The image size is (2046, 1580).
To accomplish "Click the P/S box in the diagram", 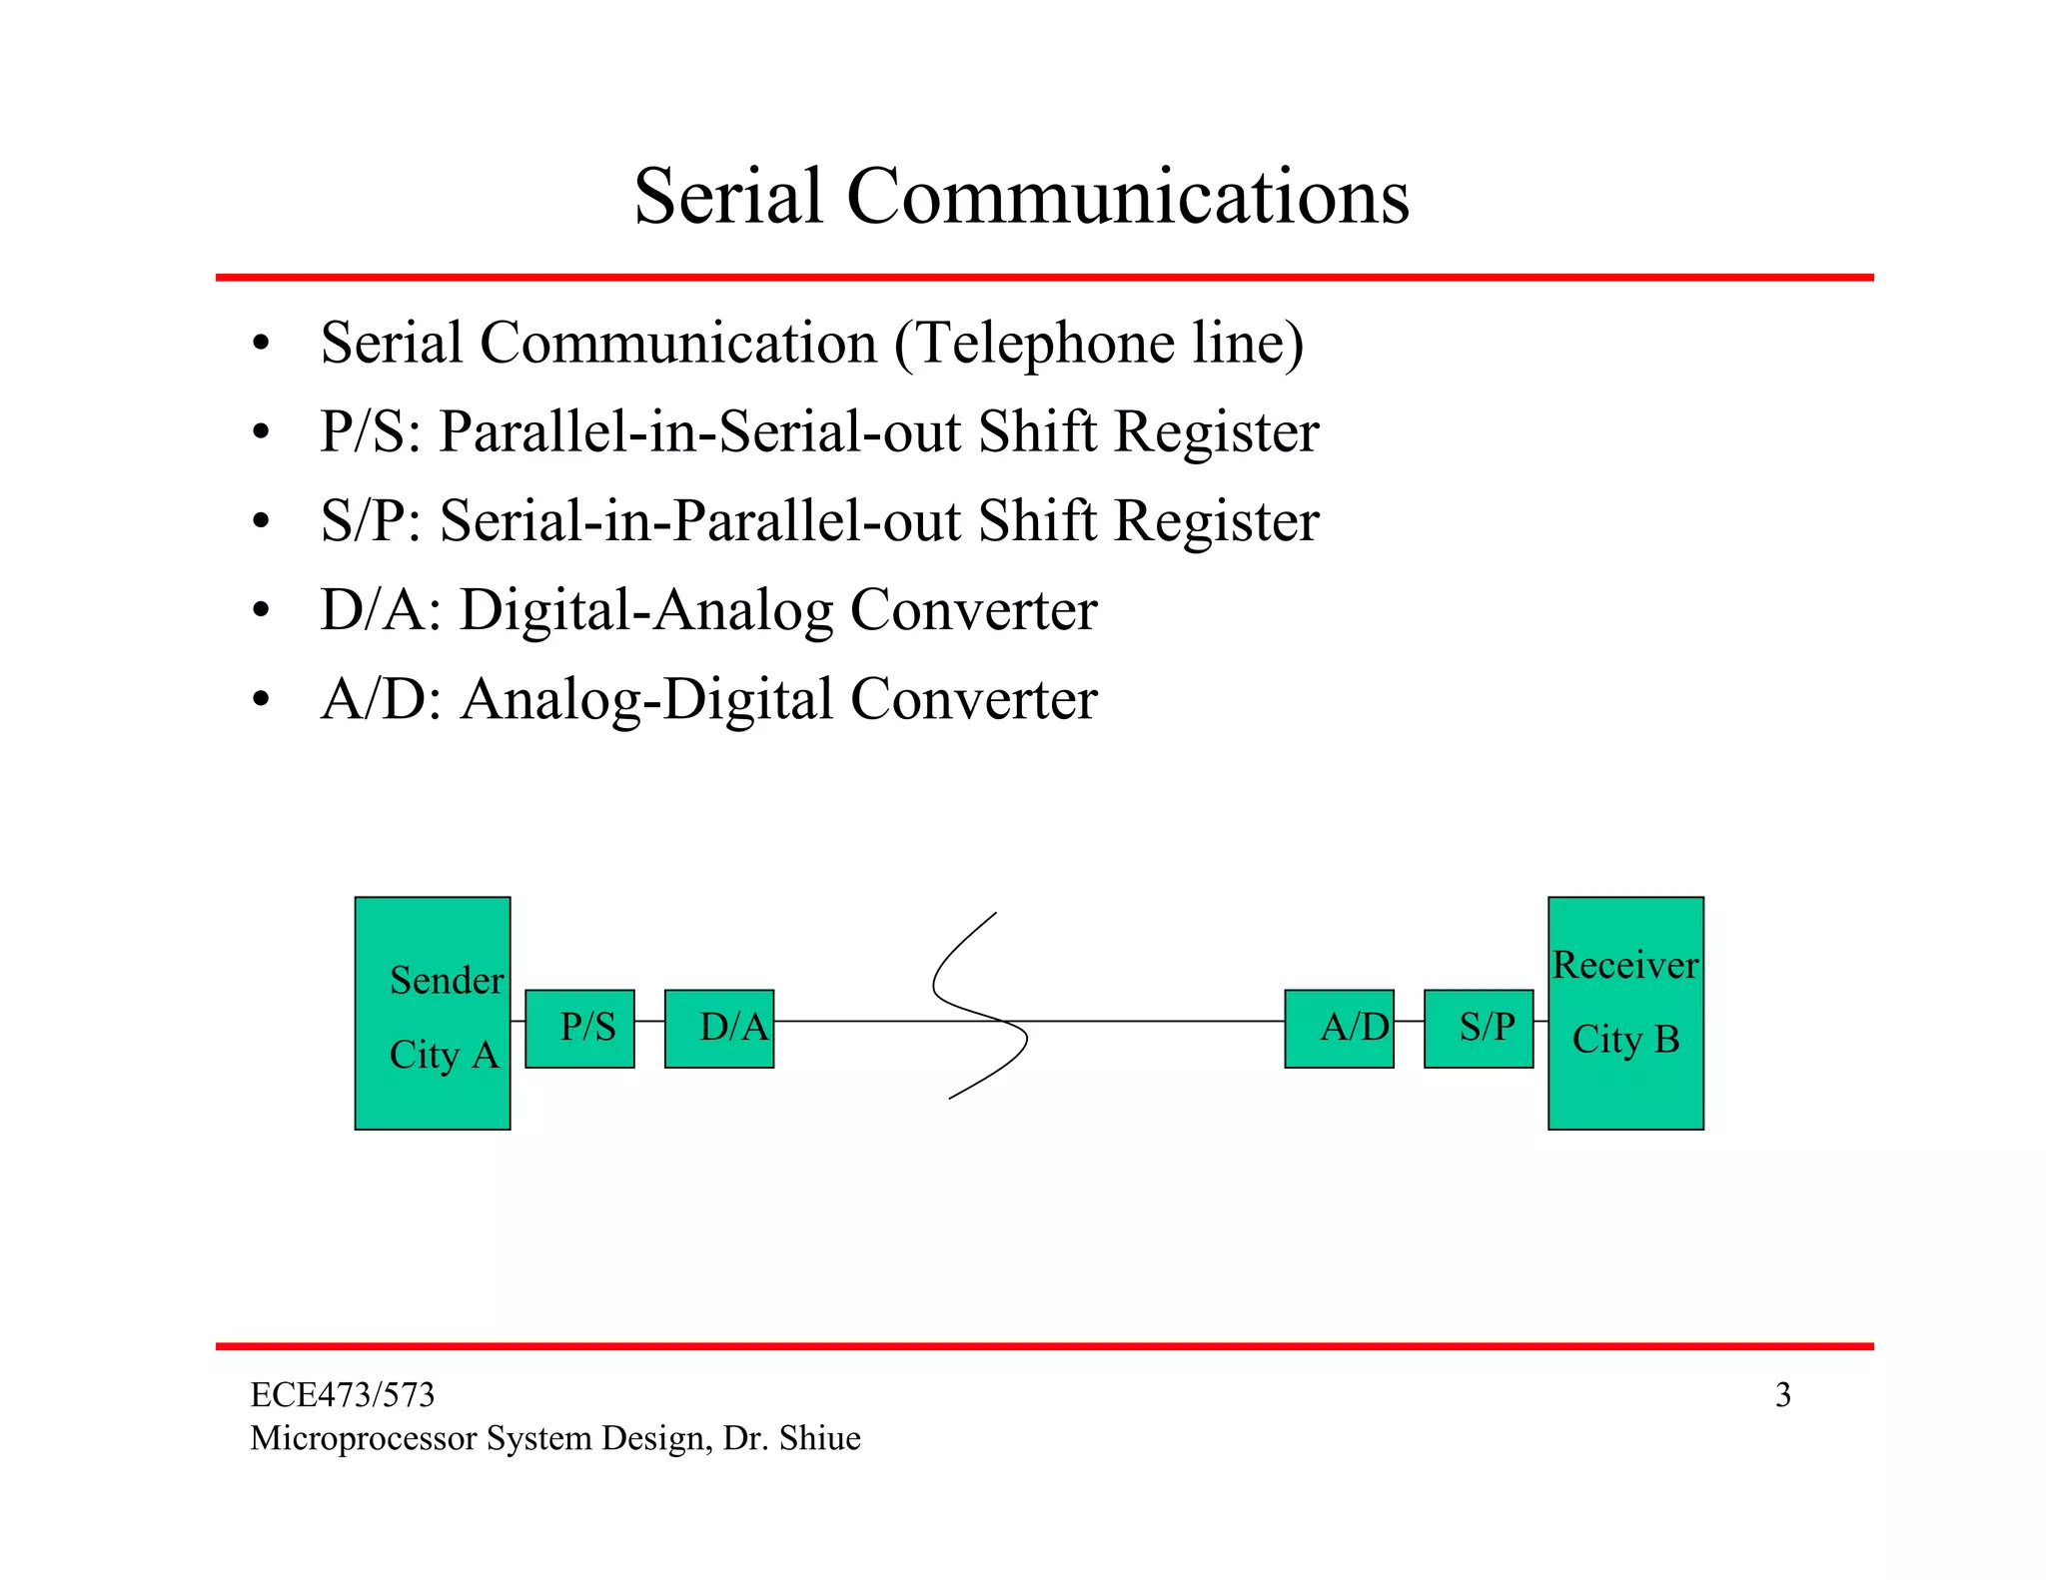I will pyautogui.click(x=579, y=1029).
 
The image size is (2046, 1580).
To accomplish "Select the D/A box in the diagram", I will pyautogui.click(x=719, y=1029).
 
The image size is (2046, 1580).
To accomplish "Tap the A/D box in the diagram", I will pyautogui.click(x=1339, y=1029).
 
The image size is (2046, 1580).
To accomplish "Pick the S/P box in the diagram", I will pyautogui.click(x=1479, y=1029).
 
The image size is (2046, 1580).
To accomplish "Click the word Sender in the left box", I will pyautogui.click(x=447, y=981).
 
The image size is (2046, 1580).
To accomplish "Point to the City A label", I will pyautogui.click(x=444, y=1055).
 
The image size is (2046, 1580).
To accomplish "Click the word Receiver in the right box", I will pyautogui.click(x=1625, y=965).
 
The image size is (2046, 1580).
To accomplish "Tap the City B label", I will pyautogui.click(x=1625, y=1040).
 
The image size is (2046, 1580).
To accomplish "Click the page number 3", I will pyautogui.click(x=1782, y=1395).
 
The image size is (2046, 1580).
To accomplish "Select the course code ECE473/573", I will pyautogui.click(x=343, y=1395).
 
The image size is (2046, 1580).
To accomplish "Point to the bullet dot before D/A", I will pyautogui.click(x=261, y=610).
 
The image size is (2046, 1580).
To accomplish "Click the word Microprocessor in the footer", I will pyautogui.click(x=364, y=1438).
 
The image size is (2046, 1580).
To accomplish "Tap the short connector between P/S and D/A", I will pyautogui.click(x=649, y=1022).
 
